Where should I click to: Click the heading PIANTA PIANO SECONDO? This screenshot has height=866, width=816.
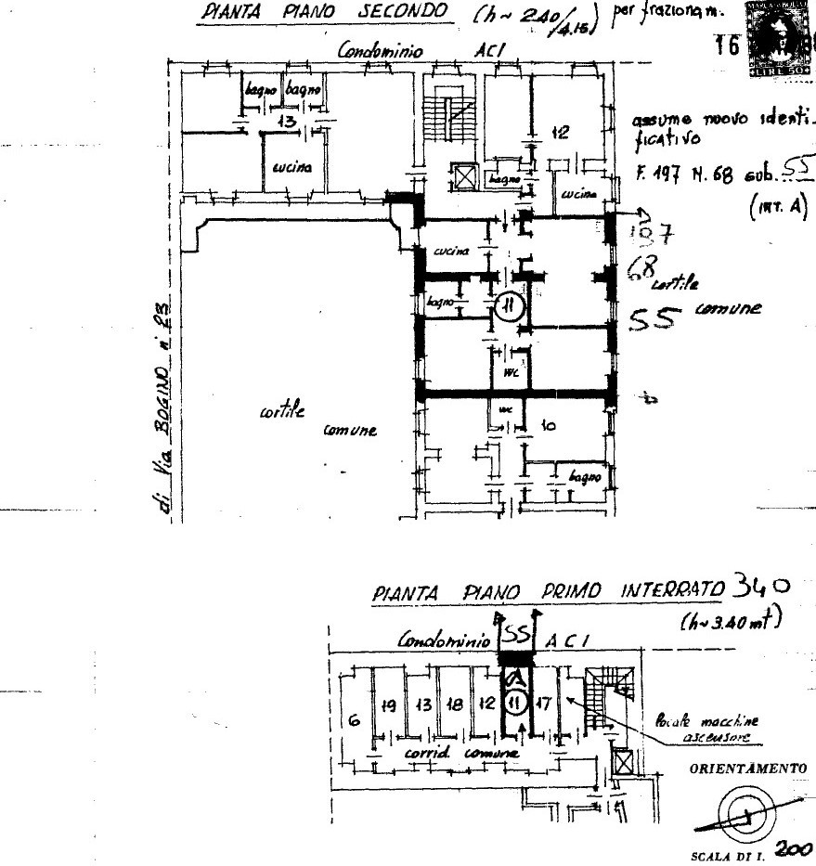tap(325, 12)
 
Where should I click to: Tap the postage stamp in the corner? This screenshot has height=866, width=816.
tap(779, 37)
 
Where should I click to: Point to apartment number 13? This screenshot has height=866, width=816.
tap(286, 122)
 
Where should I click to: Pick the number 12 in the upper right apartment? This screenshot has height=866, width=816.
tap(559, 133)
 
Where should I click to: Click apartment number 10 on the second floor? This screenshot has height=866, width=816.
tap(548, 426)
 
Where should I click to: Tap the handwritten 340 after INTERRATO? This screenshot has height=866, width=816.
tap(760, 587)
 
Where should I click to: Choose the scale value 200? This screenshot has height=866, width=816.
tap(793, 849)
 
